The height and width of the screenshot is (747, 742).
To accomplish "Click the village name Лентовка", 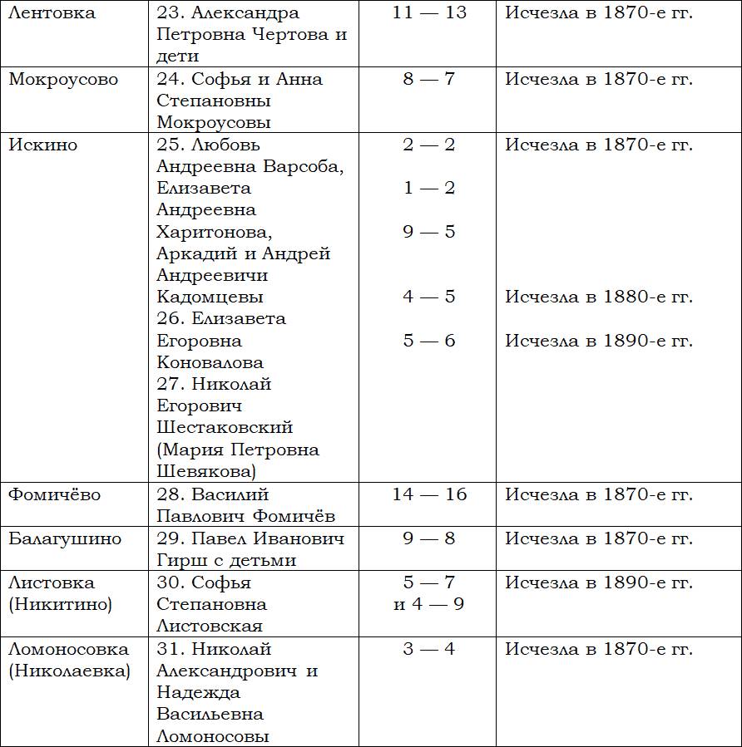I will tap(52, 13).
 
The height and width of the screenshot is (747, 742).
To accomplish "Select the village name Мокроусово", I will tap(63, 80).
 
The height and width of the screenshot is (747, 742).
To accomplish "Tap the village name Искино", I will tap(42, 145).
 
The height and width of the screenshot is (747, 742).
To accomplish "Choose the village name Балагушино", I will tap(65, 538).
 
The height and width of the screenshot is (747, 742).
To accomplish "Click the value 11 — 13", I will tap(429, 13).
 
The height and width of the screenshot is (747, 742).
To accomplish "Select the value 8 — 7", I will tap(429, 80).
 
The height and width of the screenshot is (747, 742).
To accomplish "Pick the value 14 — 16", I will tap(429, 495).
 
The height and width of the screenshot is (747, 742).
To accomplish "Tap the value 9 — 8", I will tap(429, 538).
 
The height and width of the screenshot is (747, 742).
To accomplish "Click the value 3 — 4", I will tap(429, 649).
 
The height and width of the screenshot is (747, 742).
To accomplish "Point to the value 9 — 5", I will tap(429, 232).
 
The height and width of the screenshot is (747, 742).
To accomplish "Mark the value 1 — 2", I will tap(429, 189).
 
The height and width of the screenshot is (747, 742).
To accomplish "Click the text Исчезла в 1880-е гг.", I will tap(599, 297).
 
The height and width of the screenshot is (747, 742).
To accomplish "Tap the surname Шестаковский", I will tap(225, 428).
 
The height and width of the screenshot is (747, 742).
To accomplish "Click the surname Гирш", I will tap(182, 561).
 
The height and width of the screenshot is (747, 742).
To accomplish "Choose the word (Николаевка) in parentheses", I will tap(70, 671).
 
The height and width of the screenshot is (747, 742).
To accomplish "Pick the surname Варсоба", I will tap(304, 167).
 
